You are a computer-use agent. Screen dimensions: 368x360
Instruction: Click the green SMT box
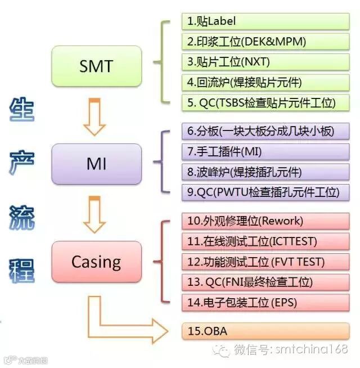click(96, 66)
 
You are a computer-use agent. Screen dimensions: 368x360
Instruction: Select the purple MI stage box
click(96, 164)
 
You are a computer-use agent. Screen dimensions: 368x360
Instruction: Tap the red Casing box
click(96, 262)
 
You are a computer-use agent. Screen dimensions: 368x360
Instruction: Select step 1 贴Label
click(265, 21)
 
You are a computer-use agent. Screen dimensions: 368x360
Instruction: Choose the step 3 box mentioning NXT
click(265, 62)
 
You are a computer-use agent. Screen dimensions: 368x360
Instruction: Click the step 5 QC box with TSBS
click(265, 102)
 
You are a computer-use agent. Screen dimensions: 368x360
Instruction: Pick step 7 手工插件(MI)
click(265, 151)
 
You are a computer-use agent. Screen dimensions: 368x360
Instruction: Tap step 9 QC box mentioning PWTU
click(265, 192)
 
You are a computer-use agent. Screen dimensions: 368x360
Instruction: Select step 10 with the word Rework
click(265, 221)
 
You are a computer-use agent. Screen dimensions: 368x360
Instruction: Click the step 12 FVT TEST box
click(265, 261)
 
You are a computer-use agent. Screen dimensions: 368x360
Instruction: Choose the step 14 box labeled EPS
click(265, 302)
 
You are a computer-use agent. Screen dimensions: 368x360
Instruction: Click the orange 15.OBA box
click(265, 331)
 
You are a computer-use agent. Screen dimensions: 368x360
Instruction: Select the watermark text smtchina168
click(311, 350)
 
